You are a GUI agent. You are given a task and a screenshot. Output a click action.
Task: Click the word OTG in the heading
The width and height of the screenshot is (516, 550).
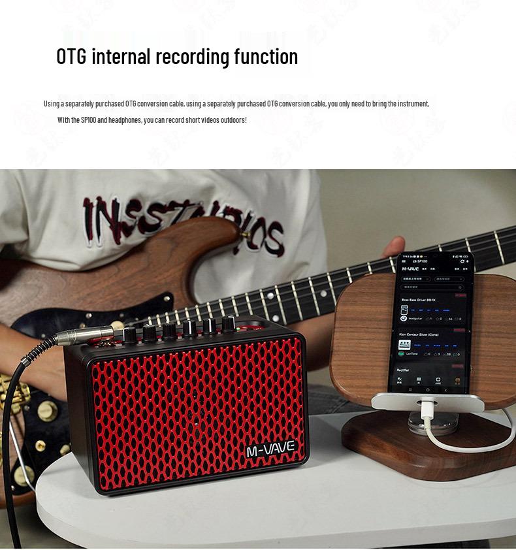pos(71,57)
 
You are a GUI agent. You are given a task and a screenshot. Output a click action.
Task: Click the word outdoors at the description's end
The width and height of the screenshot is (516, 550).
pos(231,120)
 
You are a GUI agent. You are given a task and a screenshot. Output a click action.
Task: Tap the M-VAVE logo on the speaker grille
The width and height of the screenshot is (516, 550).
pos(271,449)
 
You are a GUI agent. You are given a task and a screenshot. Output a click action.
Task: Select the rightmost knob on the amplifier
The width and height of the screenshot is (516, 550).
pos(229,323)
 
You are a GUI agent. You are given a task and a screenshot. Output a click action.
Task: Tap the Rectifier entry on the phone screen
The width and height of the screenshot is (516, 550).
pos(404,370)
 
